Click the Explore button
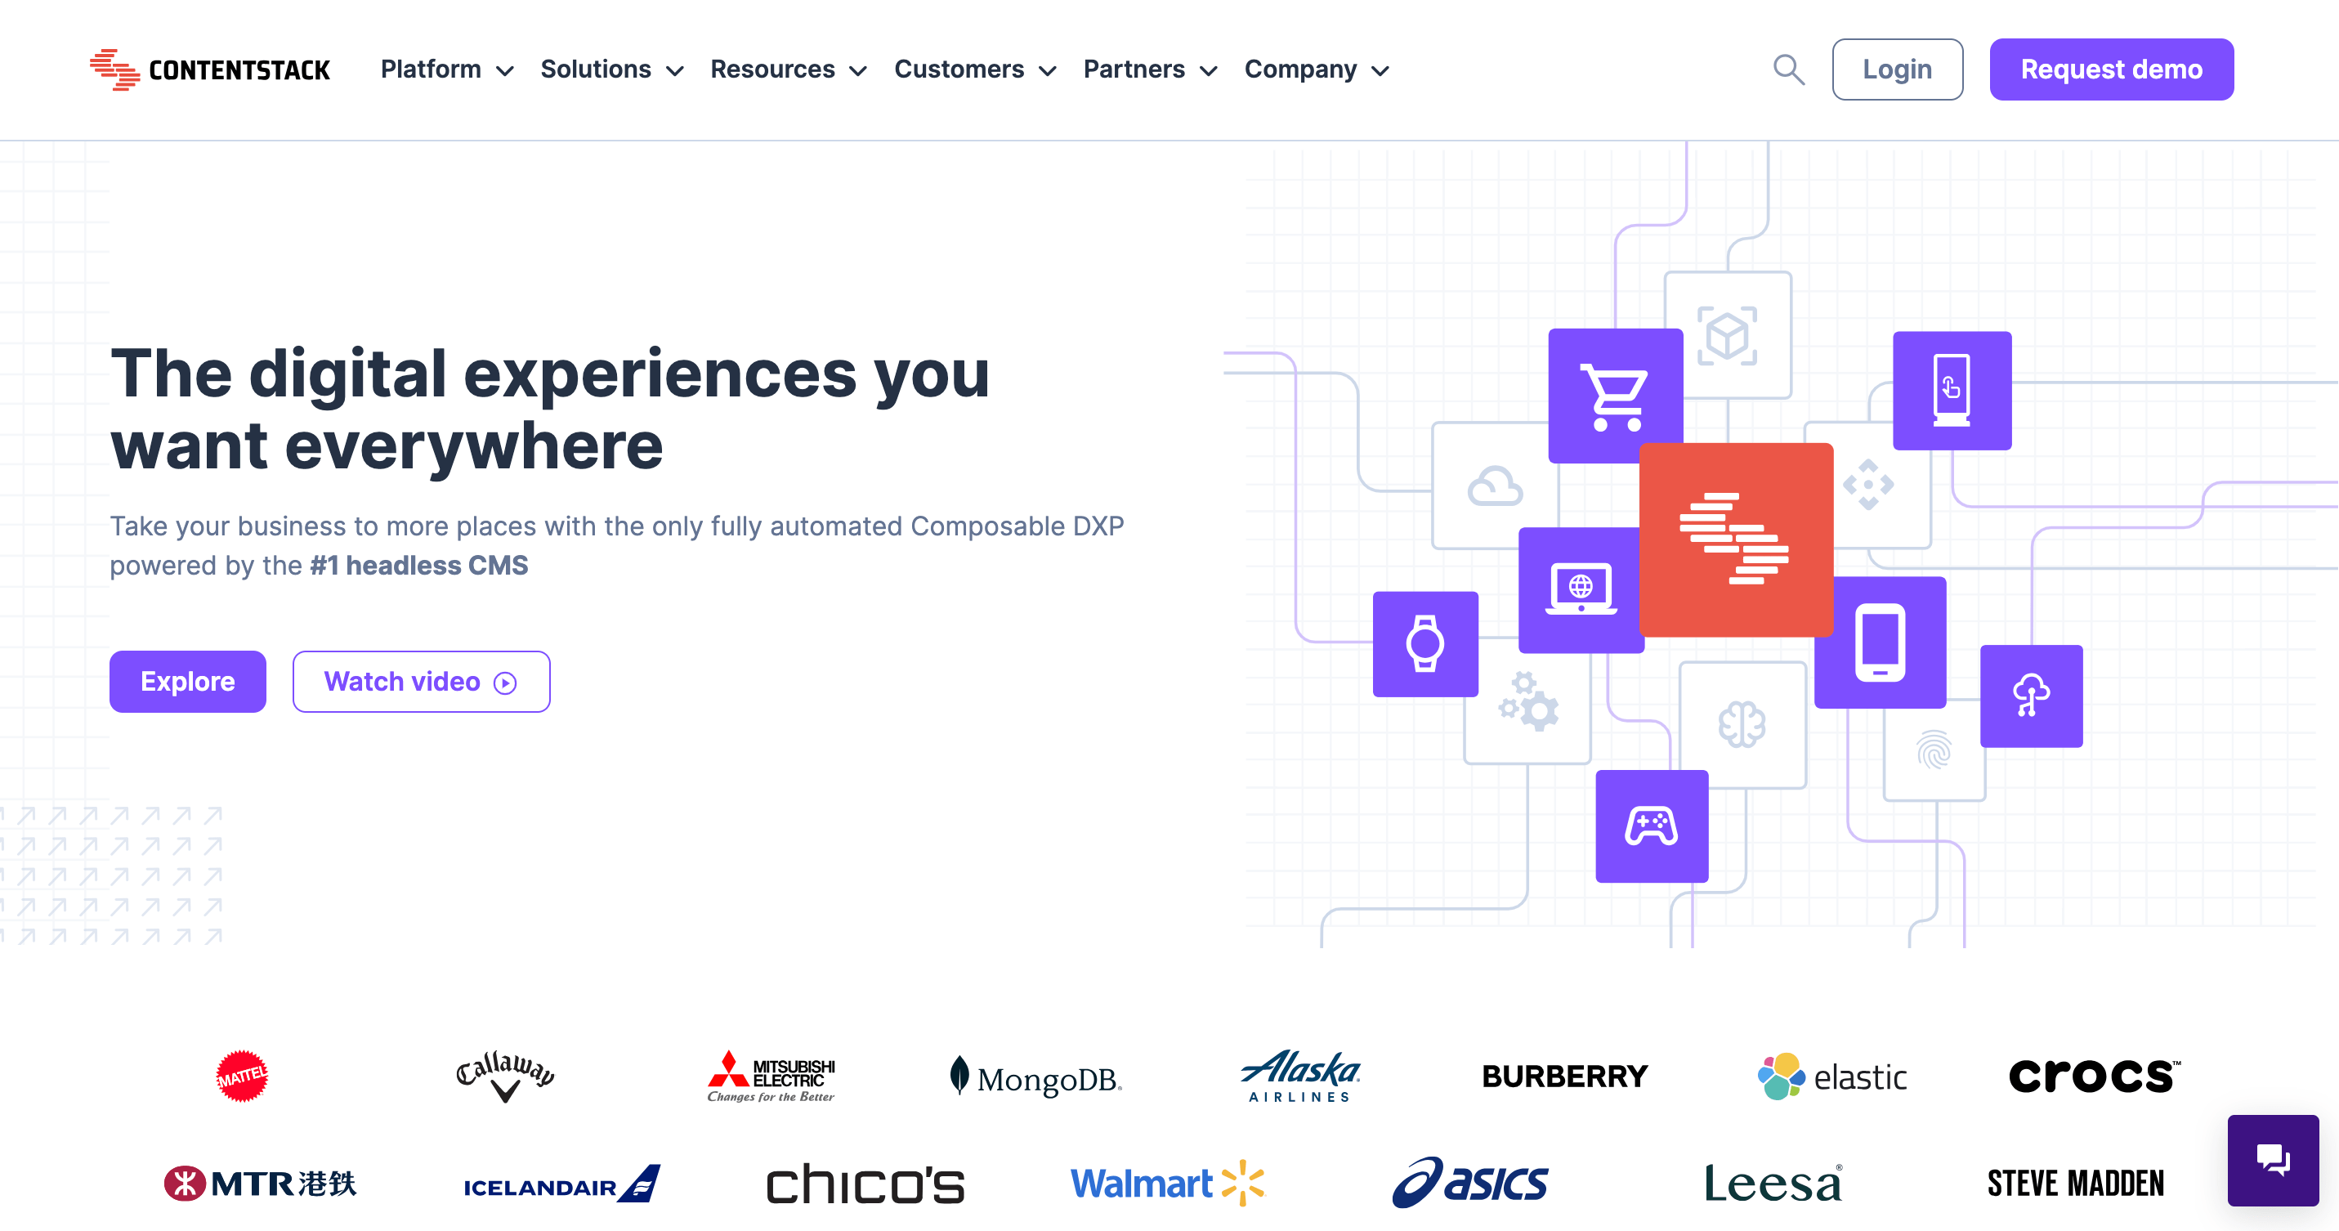[187, 681]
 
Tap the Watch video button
[420, 681]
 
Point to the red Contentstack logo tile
[1735, 539]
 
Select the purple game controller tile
[1651, 826]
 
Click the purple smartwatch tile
[1424, 643]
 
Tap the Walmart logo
[1167, 1183]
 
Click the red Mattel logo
[242, 1076]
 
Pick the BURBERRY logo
[1563, 1076]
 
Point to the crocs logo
[2093, 1076]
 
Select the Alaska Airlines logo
[1299, 1076]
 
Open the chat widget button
[2272, 1159]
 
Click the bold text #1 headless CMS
[418, 565]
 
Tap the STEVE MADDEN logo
[2075, 1183]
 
